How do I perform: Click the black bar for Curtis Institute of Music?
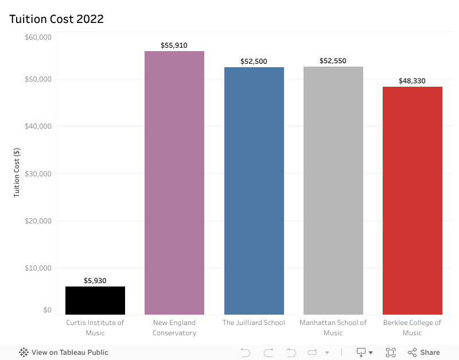[95, 300]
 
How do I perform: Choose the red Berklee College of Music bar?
[412, 200]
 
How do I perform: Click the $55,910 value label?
[174, 45]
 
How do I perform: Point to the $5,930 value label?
[95, 281]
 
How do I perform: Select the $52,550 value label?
[333, 61]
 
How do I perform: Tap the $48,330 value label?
[412, 81]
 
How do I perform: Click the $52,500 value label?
[254, 61]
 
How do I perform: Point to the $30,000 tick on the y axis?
[38, 173]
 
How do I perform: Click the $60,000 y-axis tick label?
[38, 37]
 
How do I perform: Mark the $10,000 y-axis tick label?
[38, 268]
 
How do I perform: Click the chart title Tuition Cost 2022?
[56, 19]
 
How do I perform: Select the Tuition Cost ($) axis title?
[17, 173]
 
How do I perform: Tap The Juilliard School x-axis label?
[254, 323]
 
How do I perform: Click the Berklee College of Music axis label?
[412, 327]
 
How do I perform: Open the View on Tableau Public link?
[64, 353]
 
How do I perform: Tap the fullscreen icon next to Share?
[391, 353]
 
